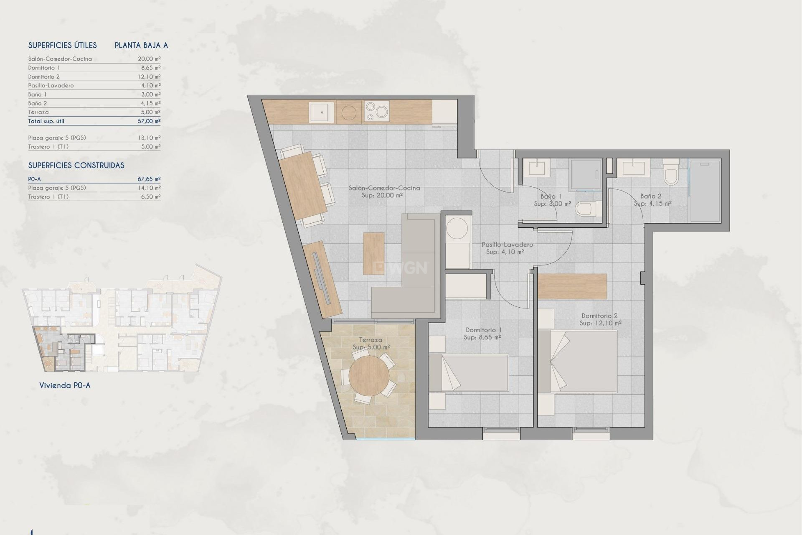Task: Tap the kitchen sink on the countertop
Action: (x=322, y=112)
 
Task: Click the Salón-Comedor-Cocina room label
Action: (x=384, y=188)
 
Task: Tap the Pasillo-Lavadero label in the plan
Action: (x=507, y=245)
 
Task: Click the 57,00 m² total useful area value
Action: (x=149, y=121)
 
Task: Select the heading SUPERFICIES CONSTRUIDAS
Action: (x=76, y=166)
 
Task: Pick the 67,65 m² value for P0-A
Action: (x=149, y=179)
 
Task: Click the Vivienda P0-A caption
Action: (x=65, y=385)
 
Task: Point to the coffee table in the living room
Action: (x=373, y=253)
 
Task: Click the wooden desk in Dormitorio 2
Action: (x=572, y=286)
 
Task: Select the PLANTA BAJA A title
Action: (x=141, y=46)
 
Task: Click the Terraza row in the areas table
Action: (x=38, y=112)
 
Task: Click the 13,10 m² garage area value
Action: (x=149, y=138)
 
